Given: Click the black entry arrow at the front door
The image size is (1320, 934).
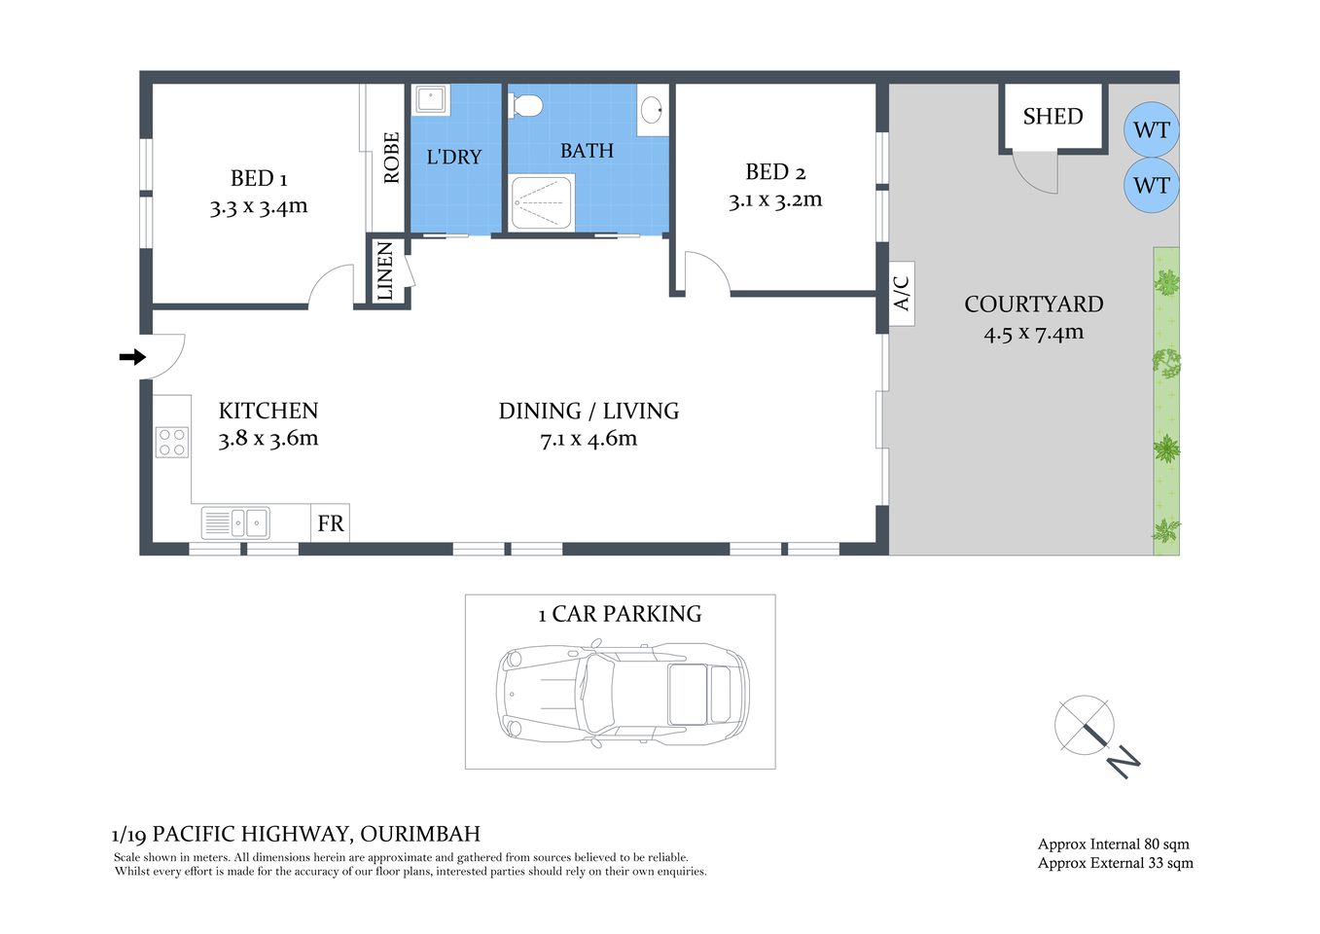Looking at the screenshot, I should click(131, 357).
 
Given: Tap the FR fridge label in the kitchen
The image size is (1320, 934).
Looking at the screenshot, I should click(330, 523).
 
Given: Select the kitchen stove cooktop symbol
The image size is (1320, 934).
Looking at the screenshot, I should click(172, 443).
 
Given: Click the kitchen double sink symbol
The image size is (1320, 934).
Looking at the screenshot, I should click(235, 523).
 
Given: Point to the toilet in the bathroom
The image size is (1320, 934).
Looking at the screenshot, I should click(526, 104).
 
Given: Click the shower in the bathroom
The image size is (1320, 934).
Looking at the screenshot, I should click(542, 202).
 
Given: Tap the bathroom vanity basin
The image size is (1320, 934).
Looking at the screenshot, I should click(653, 109).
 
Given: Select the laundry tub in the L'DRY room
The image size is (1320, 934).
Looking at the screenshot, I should click(430, 100).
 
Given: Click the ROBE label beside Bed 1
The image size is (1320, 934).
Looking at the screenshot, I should click(391, 158).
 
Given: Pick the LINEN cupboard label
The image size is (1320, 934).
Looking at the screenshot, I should click(385, 271).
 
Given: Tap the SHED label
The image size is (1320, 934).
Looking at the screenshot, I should click(1052, 117).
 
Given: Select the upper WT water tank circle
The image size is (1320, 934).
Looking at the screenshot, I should click(1152, 130).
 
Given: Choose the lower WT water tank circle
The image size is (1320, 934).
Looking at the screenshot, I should click(1152, 186).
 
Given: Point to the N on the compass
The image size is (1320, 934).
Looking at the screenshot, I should click(1124, 761).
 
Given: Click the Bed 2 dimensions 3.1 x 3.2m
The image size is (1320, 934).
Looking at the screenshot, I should click(775, 200).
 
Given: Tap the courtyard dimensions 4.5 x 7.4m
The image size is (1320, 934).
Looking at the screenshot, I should click(1033, 333).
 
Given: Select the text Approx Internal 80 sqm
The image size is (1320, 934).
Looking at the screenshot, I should click(1113, 844).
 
